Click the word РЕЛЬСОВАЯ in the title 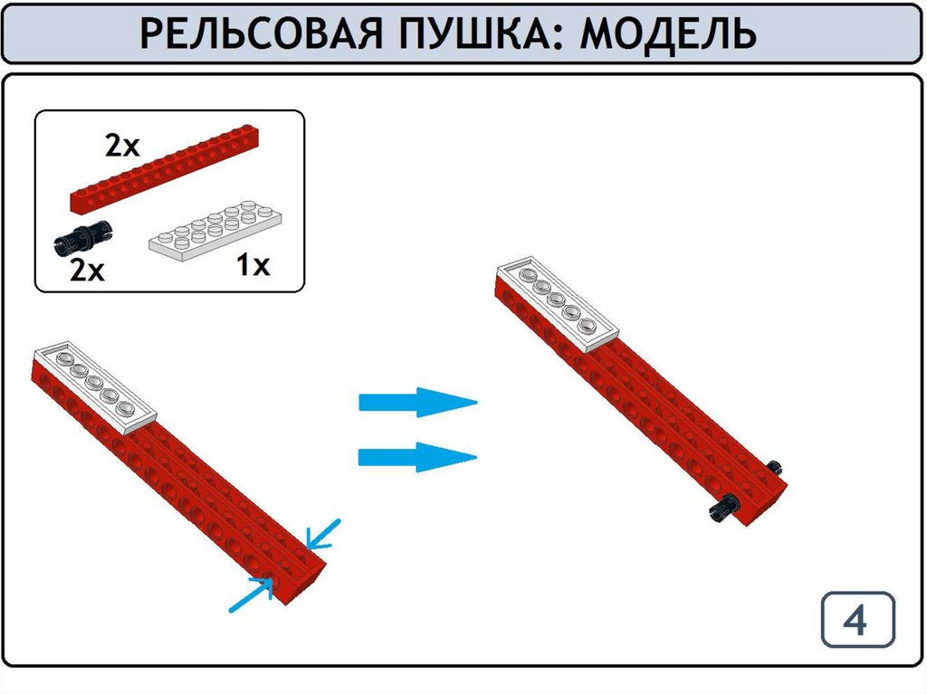[x=262, y=33]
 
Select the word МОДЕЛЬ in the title [x=668, y=33]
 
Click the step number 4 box [x=858, y=620]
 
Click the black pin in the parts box [x=83, y=238]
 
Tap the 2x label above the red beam [x=122, y=146]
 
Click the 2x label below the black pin [x=87, y=271]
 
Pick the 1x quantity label [x=253, y=265]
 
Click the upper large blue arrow [x=418, y=403]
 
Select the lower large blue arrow [x=417, y=457]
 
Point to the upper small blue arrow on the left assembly [x=323, y=534]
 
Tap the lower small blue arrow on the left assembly [x=252, y=594]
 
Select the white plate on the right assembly [x=557, y=305]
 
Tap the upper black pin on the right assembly [x=777, y=468]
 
